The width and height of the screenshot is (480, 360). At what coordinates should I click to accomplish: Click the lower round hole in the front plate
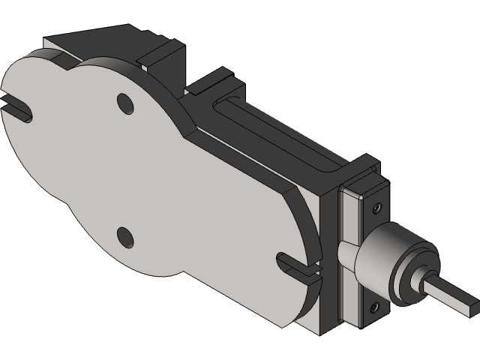(124, 237)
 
